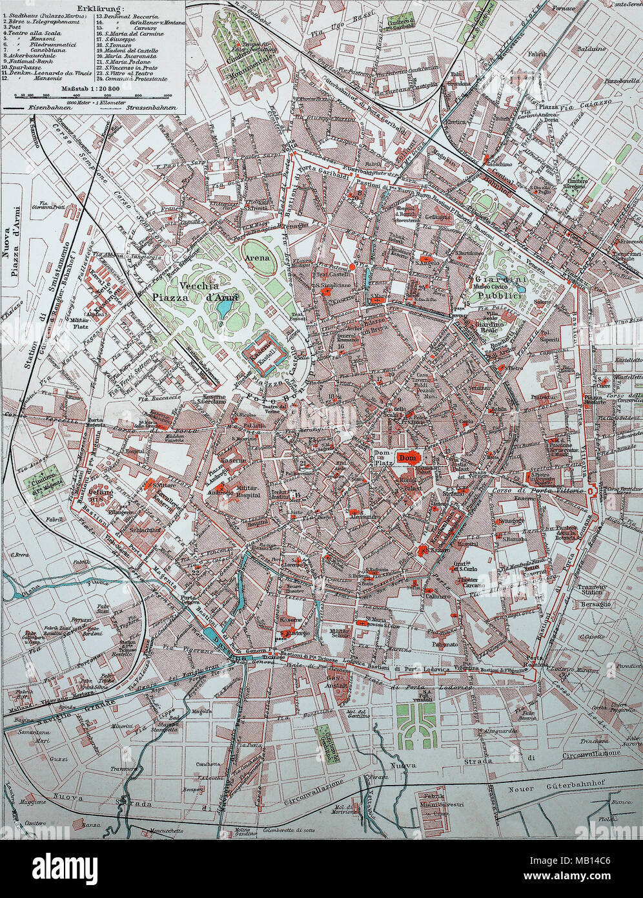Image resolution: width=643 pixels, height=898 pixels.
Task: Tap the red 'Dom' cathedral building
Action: click(408, 458)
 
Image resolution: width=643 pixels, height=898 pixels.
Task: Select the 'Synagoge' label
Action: click(509, 521)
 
